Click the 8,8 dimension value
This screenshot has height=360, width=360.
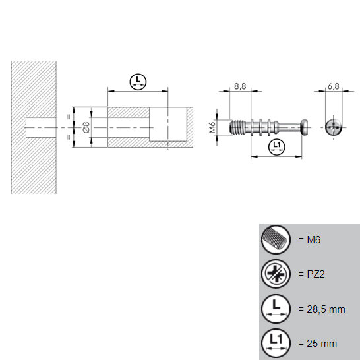240,86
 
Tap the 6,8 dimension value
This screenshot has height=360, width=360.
334,86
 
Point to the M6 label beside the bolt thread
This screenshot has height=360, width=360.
213,127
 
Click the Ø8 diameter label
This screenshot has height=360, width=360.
86,127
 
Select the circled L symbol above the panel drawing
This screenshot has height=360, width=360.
138,82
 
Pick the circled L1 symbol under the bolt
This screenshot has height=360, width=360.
276,147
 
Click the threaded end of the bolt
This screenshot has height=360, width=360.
238,127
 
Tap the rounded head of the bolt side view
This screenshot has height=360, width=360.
304,127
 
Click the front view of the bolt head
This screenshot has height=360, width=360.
334,127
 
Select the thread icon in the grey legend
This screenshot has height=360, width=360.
276,240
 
